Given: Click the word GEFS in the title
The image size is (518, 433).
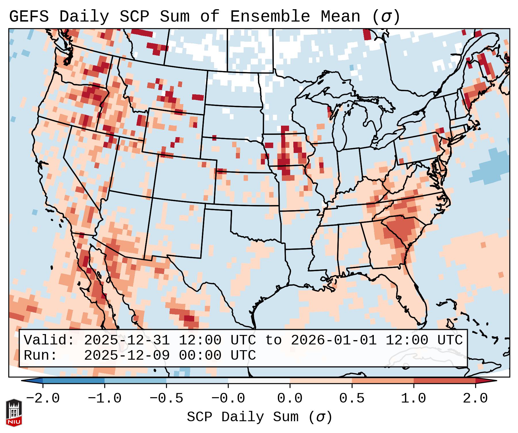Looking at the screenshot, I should point(29,17).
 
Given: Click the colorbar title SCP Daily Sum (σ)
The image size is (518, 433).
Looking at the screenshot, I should point(259,417).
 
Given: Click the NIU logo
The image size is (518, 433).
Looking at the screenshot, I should point(14,413).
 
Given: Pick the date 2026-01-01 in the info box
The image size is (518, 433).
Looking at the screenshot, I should point(334,340).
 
